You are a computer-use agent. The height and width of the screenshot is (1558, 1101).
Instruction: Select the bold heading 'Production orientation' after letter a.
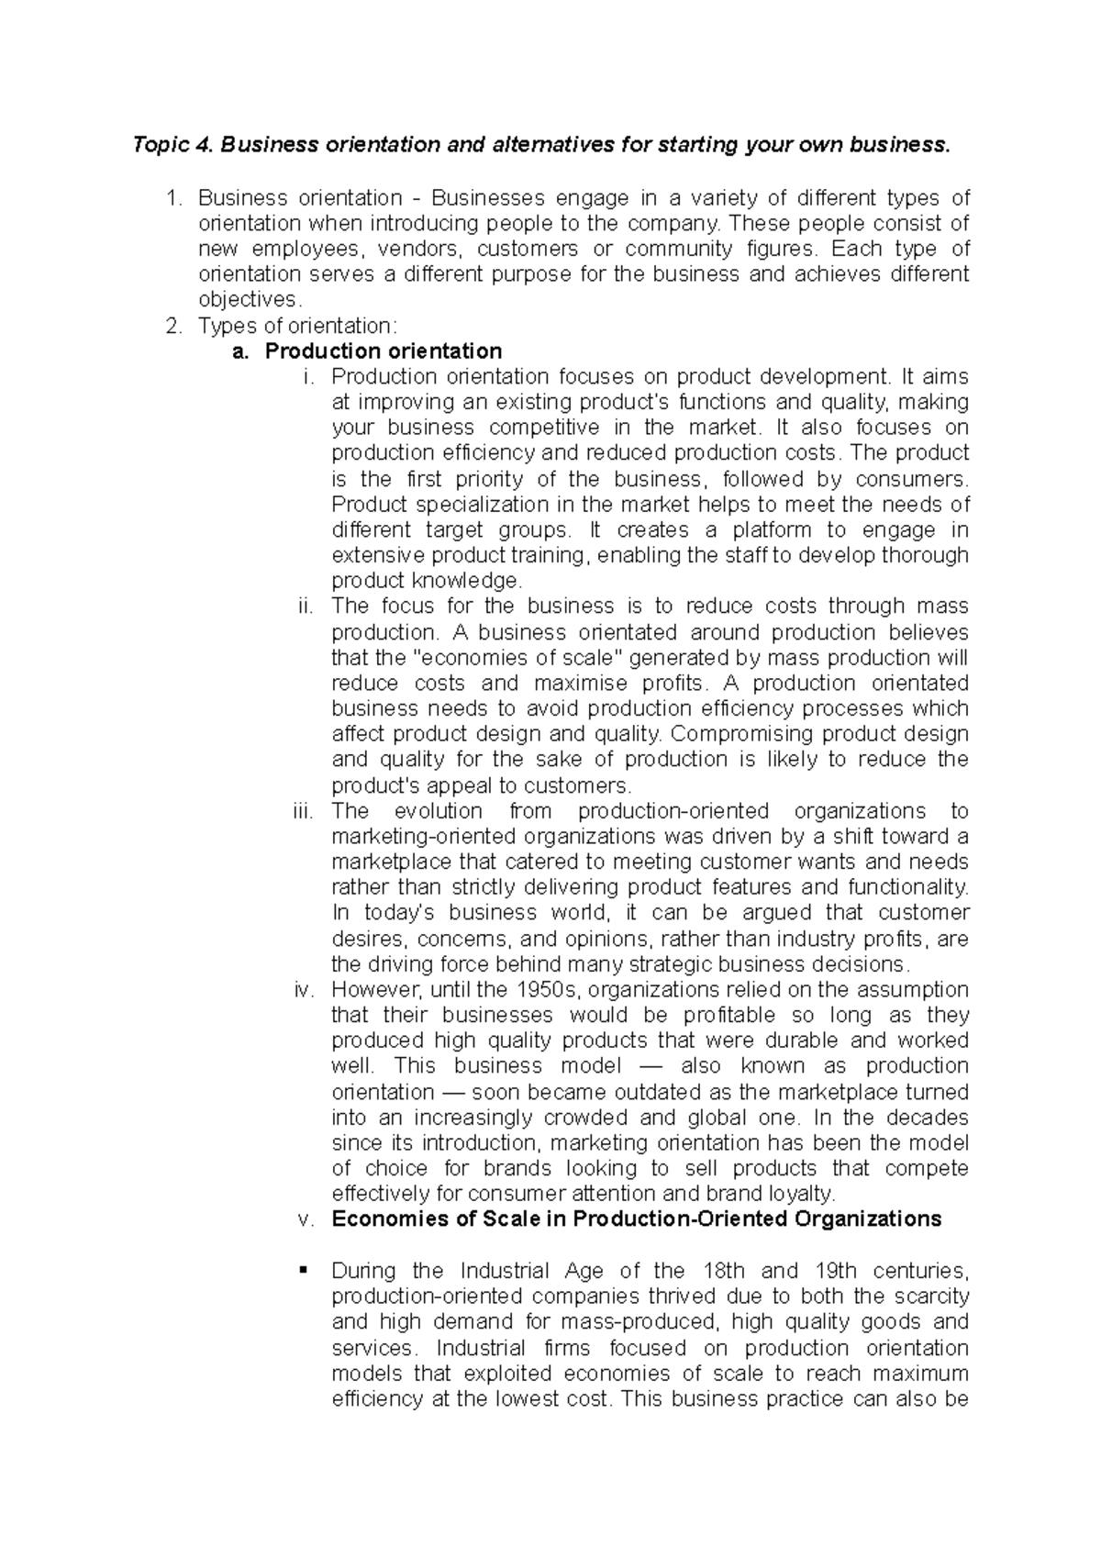(417, 351)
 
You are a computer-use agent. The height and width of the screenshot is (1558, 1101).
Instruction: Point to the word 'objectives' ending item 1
(248, 299)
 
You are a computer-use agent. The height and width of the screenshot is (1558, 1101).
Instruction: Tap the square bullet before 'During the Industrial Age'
(302, 1270)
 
